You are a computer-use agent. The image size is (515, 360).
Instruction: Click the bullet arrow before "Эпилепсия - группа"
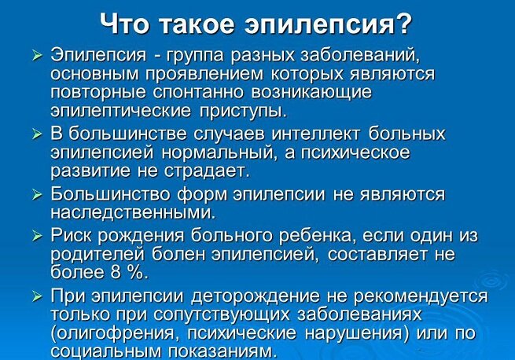[36, 57]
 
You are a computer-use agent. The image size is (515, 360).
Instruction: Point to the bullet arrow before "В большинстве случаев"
[36, 134]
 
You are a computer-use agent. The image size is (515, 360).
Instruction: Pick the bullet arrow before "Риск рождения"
[36, 236]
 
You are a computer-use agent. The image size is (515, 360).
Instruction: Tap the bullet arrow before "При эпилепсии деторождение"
[36, 297]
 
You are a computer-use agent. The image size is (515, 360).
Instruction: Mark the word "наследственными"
[132, 212]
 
